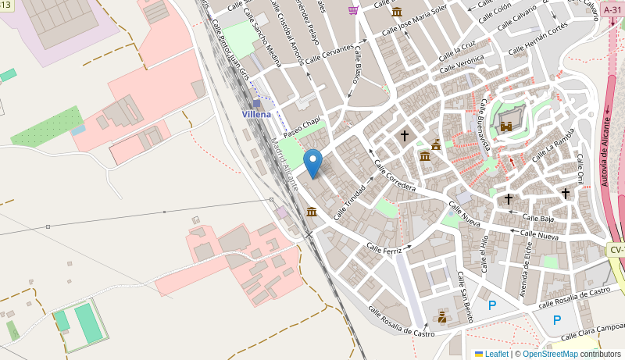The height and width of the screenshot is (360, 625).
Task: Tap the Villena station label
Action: pos(256,114)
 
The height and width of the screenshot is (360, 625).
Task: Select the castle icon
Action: pos(506,126)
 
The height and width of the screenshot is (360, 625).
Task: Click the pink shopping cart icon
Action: pos(354,9)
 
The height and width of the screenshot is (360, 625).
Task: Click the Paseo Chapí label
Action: pos(302,125)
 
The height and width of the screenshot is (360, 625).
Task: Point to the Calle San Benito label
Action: pos(464,298)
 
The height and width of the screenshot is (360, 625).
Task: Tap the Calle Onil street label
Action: pos(580,169)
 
